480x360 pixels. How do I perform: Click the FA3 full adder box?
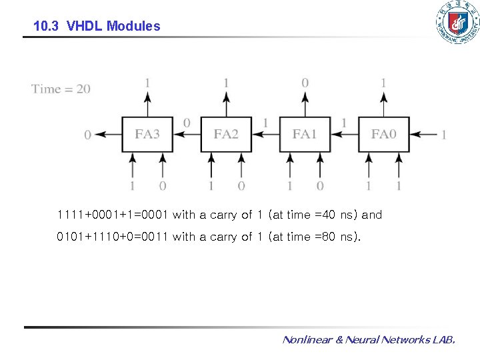click(147, 134)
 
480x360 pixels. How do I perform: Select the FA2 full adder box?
click(226, 134)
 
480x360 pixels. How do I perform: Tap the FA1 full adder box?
click(305, 134)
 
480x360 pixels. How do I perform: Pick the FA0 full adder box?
click(383, 134)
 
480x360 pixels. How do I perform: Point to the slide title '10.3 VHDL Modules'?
click(97, 27)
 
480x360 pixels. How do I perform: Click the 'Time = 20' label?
click(61, 89)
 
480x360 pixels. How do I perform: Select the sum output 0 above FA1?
click(305, 83)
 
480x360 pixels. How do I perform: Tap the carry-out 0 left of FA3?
click(87, 135)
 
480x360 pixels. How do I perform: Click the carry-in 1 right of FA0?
click(443, 135)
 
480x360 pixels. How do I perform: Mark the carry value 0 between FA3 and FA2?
click(187, 123)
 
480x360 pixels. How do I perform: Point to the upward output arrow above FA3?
click(147, 104)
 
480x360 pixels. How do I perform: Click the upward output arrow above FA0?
click(383, 104)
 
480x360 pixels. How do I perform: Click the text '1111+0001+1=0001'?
click(113, 215)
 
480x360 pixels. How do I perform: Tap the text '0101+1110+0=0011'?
click(113, 236)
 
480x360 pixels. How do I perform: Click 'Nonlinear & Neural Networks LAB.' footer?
click(369, 340)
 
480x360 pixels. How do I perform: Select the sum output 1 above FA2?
click(226, 83)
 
